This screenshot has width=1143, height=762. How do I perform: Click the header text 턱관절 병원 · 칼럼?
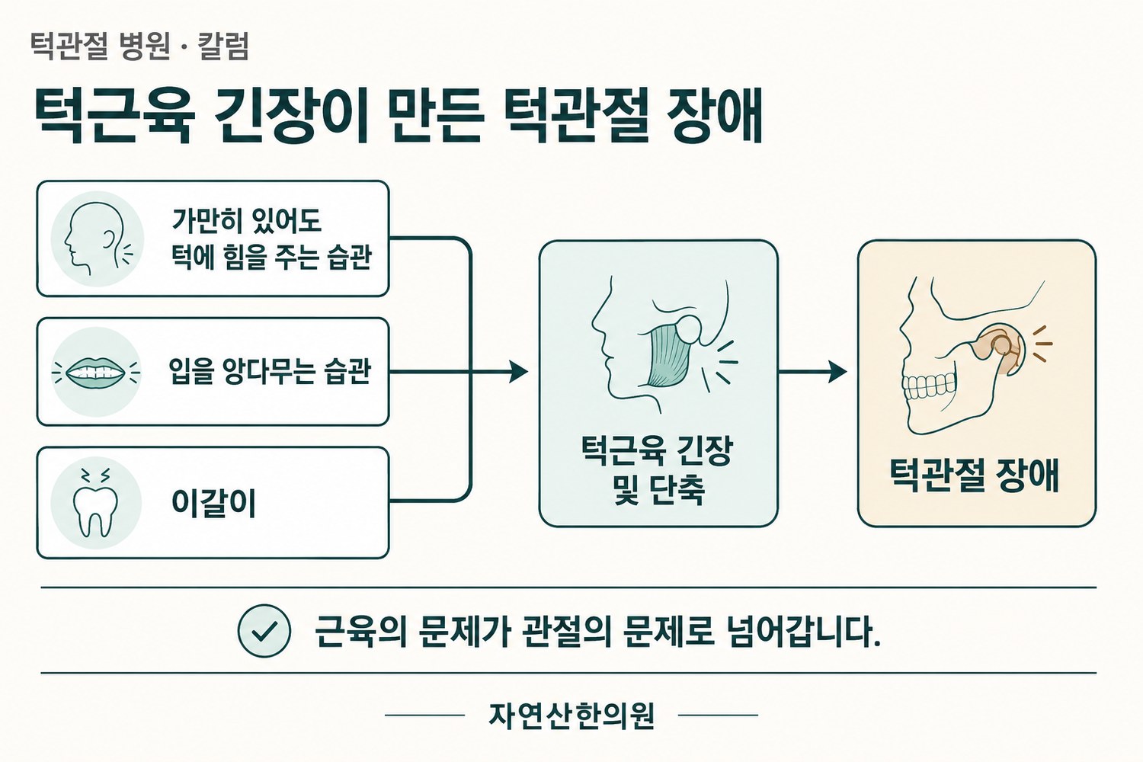(x=139, y=46)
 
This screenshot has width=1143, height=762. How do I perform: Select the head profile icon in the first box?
(x=97, y=239)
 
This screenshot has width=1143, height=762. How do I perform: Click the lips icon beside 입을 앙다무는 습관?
(x=97, y=372)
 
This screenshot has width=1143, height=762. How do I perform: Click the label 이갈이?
(x=213, y=503)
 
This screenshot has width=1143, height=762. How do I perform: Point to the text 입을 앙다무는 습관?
(x=270, y=371)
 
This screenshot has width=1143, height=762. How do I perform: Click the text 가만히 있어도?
(x=246, y=221)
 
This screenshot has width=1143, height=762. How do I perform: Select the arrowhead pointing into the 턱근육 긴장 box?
(x=518, y=372)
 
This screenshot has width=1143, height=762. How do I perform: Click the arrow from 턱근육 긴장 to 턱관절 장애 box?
(x=812, y=372)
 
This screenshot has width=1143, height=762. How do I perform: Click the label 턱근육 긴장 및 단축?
(x=658, y=470)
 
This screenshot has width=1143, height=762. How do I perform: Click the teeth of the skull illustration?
(x=929, y=386)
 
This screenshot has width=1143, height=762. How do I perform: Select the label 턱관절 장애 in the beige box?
(x=975, y=475)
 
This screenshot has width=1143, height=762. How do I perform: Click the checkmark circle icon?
(x=264, y=630)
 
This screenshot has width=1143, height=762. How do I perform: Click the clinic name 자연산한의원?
(x=571, y=716)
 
